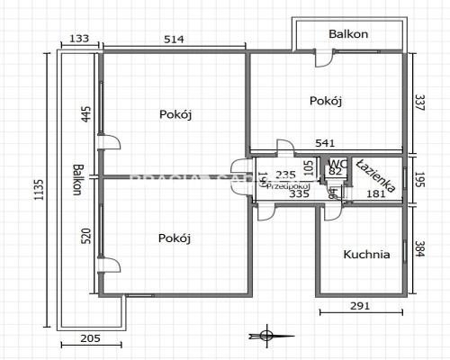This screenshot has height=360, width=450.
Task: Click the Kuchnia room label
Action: click(367, 255)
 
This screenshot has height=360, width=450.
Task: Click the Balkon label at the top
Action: click(348, 34)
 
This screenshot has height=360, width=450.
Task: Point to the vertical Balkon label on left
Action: click(79, 181)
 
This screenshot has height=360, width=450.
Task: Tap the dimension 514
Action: click(175, 39)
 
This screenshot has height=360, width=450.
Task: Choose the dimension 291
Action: click(360, 307)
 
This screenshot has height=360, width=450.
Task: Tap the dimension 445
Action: click(87, 115)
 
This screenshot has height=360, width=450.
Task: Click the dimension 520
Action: click(87, 238)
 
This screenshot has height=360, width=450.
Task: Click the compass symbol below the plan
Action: click(265, 336)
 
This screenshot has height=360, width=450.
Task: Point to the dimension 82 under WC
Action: click(336, 172)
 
